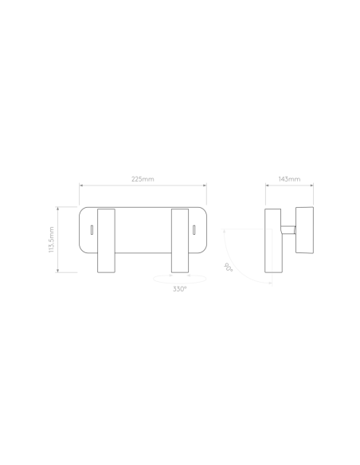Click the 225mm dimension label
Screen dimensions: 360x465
[x=143, y=179]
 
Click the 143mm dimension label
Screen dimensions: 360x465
[x=289, y=179]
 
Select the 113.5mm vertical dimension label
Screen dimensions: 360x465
[x=51, y=240]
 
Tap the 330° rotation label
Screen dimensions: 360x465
[x=180, y=289]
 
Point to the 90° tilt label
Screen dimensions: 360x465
[x=228, y=267]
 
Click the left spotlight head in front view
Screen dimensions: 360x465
[x=106, y=240]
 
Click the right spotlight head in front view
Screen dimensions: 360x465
[x=180, y=240]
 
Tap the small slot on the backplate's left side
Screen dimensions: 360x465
[x=92, y=230]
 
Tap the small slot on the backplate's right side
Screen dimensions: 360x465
[x=194, y=230]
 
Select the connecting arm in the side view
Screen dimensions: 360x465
[x=288, y=230]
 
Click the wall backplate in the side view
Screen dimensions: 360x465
[x=273, y=240]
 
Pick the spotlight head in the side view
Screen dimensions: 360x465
[x=304, y=230]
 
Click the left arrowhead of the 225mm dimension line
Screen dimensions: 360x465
[x=81, y=186]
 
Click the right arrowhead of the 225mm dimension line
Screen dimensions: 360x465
[x=205, y=186]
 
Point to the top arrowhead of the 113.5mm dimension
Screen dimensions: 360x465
[x=58, y=209]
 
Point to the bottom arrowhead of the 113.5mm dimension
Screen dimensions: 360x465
[x=58, y=271]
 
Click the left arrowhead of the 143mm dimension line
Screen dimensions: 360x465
[x=267, y=186]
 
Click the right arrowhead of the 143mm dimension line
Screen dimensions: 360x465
[x=311, y=186]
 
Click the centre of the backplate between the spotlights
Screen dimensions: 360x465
[x=143, y=230]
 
